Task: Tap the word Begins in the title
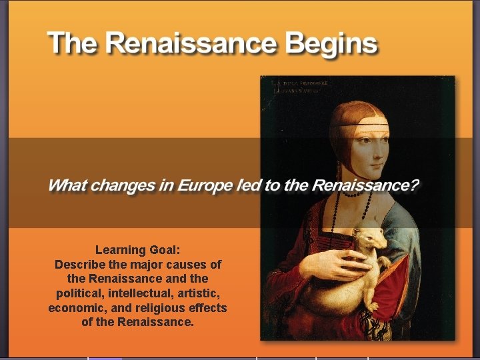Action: (x=331, y=45)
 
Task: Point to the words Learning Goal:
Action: (x=137, y=250)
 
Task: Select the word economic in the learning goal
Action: (x=77, y=308)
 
